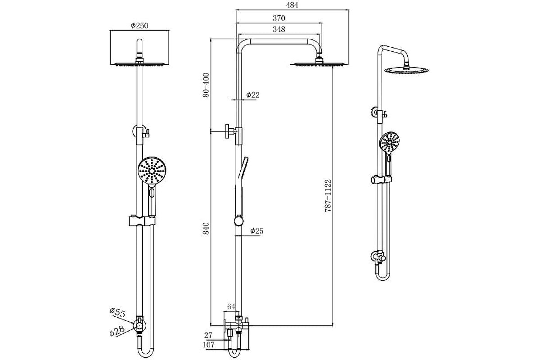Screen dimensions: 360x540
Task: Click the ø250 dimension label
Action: (x=139, y=26)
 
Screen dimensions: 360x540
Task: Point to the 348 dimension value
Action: (x=279, y=29)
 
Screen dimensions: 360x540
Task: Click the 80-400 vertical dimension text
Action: (x=206, y=85)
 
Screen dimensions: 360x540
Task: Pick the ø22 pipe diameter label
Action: (x=253, y=95)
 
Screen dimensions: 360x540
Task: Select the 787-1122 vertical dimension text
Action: (x=328, y=196)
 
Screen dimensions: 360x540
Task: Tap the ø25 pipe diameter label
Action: (x=256, y=231)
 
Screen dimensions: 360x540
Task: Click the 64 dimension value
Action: (x=231, y=306)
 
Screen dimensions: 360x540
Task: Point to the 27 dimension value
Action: (x=208, y=335)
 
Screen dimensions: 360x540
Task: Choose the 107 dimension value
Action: (x=210, y=345)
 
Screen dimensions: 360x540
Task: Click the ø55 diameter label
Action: (x=117, y=311)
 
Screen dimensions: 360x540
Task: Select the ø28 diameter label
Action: (x=117, y=331)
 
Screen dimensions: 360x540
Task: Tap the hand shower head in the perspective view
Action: (x=389, y=143)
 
